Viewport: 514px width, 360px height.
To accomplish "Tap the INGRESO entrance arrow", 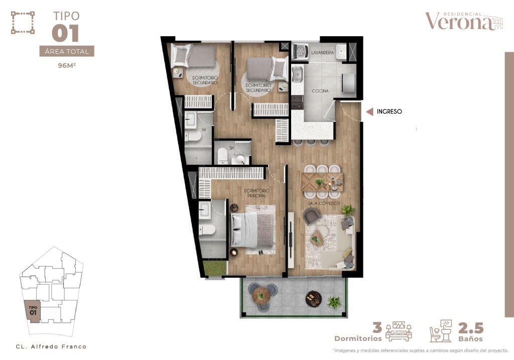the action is pyautogui.click(x=369, y=112).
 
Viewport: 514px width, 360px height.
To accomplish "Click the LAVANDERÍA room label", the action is pyautogui.click(x=322, y=52).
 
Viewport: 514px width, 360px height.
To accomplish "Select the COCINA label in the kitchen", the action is pyautogui.click(x=320, y=91).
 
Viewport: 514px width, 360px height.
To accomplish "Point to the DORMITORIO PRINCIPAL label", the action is pyautogui.click(x=256, y=193).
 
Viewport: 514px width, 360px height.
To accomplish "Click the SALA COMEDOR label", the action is pyautogui.click(x=324, y=203).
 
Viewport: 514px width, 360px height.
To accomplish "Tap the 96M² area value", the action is pyautogui.click(x=67, y=66).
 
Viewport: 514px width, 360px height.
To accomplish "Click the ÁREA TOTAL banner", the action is pyautogui.click(x=67, y=51).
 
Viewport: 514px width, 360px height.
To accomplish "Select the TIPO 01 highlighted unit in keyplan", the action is pyautogui.click(x=33, y=311).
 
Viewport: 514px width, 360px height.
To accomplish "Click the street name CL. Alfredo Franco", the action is pyautogui.click(x=51, y=346).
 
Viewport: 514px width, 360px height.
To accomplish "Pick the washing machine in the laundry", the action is pyautogui.click(x=300, y=52).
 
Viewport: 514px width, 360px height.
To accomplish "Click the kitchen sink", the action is pyautogui.click(x=297, y=74).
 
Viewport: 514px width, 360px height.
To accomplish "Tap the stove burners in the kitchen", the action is pyautogui.click(x=297, y=102).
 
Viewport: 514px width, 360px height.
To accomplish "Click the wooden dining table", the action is pyautogui.click(x=322, y=182).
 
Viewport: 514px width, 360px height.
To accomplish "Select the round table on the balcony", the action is pyautogui.click(x=261, y=296).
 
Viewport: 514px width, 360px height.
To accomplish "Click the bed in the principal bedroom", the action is pyautogui.click(x=252, y=230).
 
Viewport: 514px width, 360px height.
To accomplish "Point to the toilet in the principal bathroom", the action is pyautogui.click(x=207, y=230).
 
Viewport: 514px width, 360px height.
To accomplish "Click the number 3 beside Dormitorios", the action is pyautogui.click(x=377, y=327).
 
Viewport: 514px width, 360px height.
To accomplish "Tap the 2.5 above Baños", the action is pyautogui.click(x=471, y=327).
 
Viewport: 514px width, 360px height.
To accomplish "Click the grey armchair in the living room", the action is pyautogui.click(x=311, y=216).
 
